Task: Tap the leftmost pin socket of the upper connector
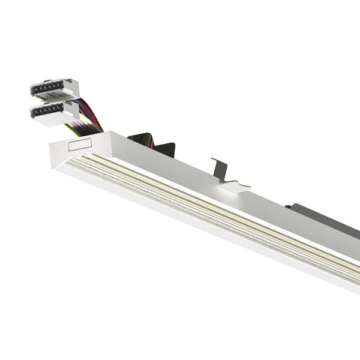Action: [x=36, y=88]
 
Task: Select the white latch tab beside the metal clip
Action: [x=235, y=187]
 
